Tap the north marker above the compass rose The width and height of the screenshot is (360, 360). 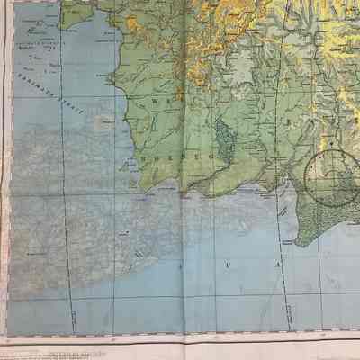tap(330, 141)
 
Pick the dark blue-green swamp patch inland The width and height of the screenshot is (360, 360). tap(223, 135)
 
